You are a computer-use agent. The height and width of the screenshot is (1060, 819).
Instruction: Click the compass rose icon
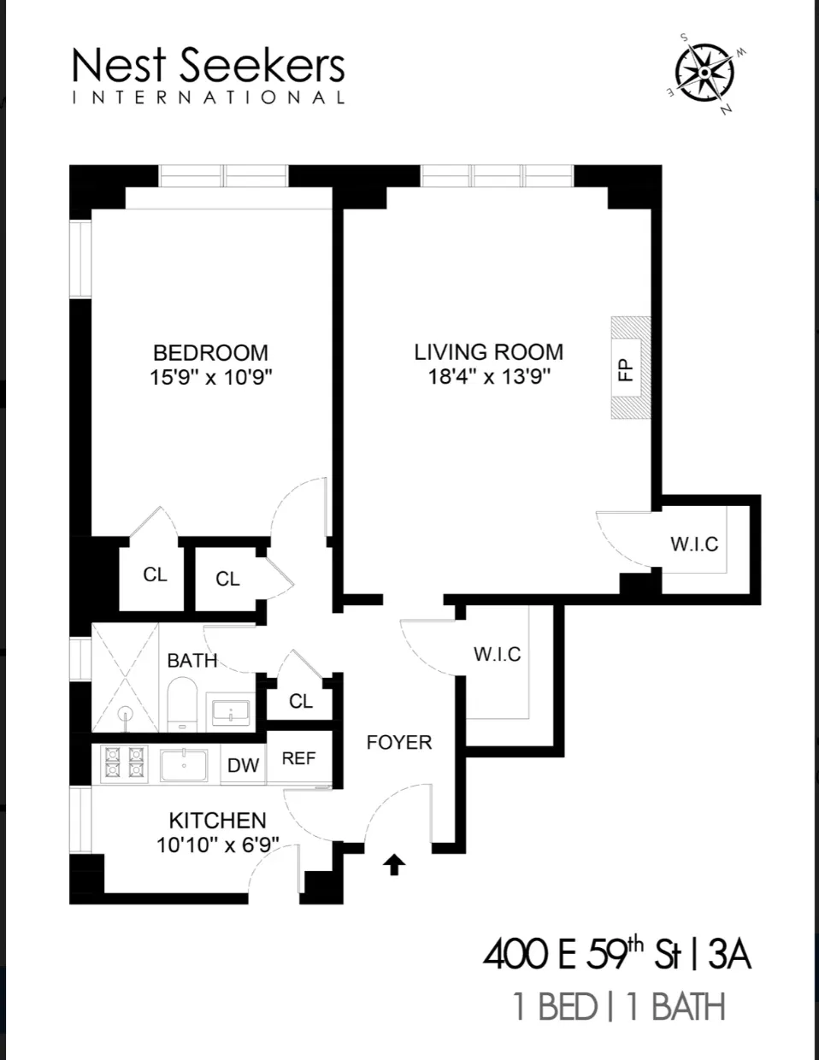(x=704, y=73)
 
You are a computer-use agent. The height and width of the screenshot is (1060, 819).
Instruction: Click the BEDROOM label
(x=210, y=352)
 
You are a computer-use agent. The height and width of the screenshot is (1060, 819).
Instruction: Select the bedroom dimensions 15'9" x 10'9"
(x=210, y=377)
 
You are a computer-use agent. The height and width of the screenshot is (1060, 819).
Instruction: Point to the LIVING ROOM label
(x=488, y=351)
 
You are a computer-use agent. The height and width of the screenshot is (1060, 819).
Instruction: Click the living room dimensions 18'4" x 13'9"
(x=488, y=376)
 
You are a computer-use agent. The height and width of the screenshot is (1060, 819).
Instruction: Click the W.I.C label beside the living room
(x=694, y=544)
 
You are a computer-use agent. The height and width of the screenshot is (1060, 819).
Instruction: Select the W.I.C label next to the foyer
(x=497, y=654)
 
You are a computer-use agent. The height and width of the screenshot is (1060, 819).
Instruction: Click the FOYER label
(x=399, y=742)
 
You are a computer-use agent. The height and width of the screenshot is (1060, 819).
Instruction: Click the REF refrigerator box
(x=298, y=758)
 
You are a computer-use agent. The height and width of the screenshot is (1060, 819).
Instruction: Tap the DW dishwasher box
(x=243, y=765)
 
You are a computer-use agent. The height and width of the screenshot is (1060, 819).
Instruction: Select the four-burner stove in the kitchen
(x=122, y=763)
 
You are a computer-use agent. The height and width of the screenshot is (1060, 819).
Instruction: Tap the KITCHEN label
(x=217, y=821)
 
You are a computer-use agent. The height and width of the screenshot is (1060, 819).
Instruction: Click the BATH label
(x=192, y=660)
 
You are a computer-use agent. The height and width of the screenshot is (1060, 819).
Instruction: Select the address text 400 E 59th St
(x=580, y=955)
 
